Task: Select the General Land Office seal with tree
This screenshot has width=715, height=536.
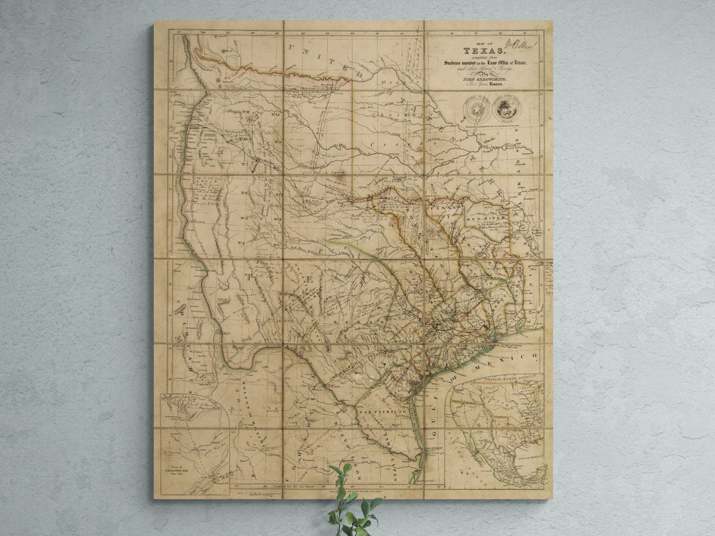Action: pos(507,108)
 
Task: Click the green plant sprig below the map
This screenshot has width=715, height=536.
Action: pos(352,503)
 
